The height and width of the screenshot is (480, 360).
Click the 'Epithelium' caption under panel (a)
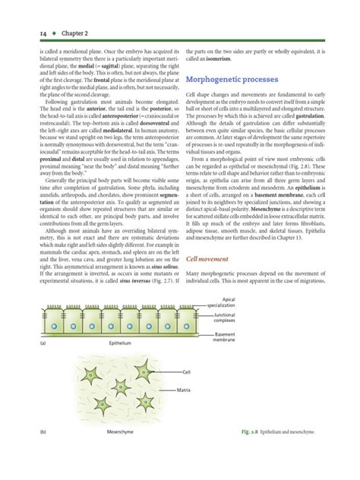click(x=122, y=343)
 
